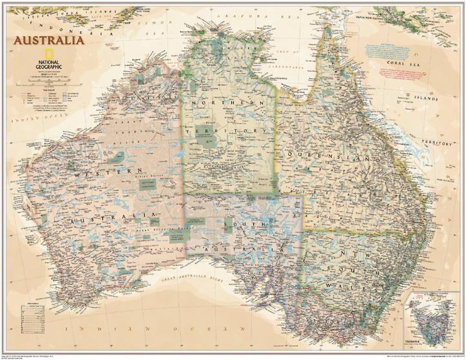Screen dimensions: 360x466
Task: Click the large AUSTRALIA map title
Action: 48,40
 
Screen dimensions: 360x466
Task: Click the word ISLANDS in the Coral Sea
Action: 426,98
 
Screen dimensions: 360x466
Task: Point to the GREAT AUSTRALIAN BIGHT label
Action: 192,279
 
